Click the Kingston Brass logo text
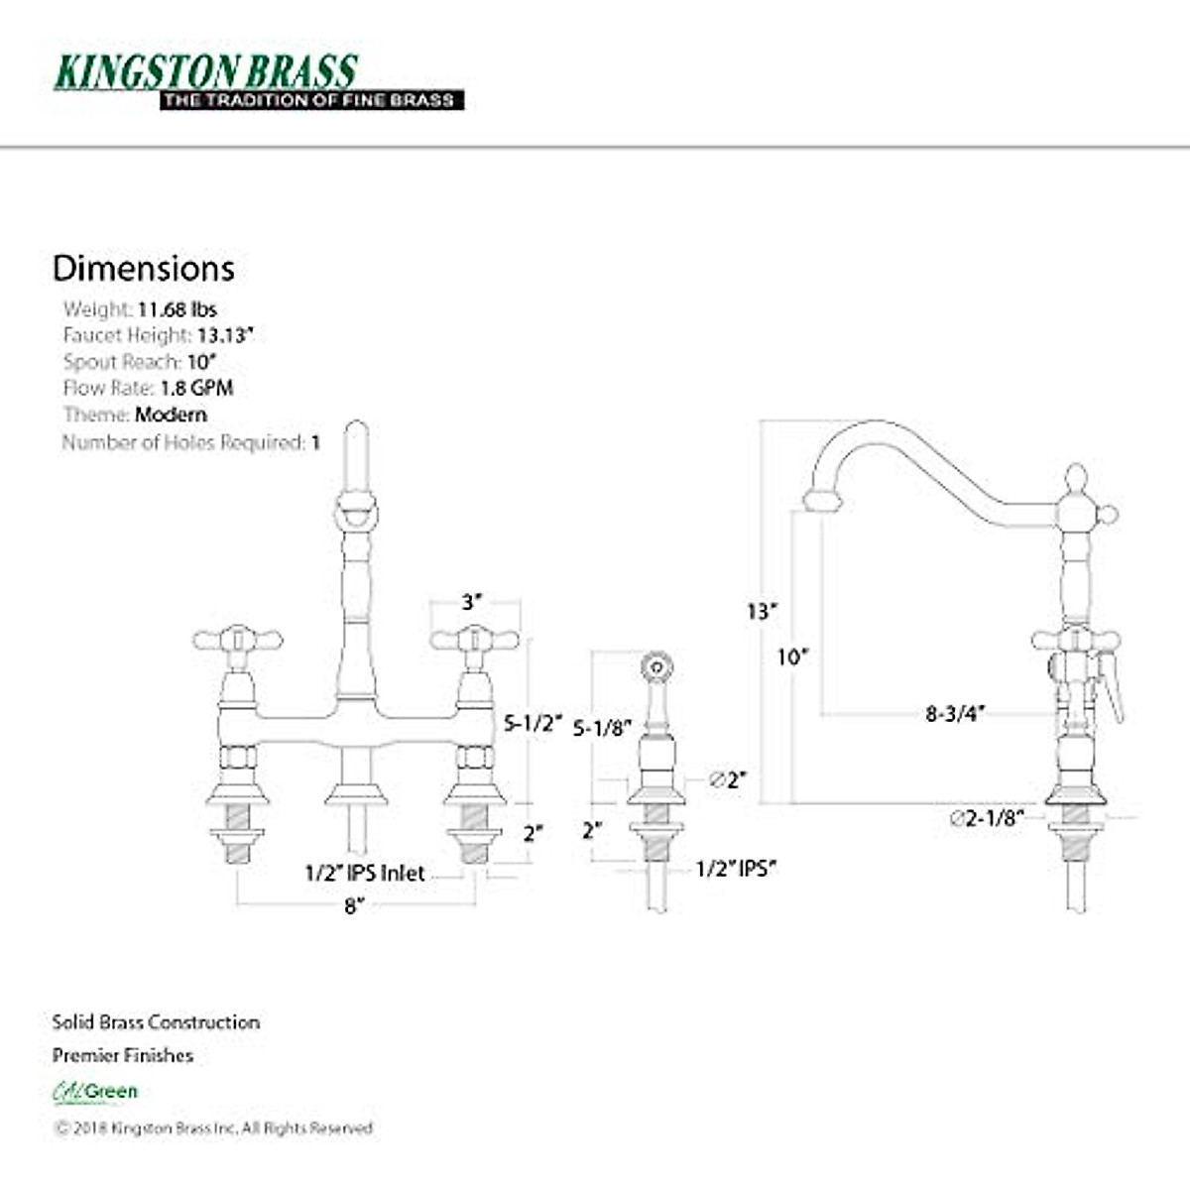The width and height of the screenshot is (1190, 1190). click(x=205, y=70)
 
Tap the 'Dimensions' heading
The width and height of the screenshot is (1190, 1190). click(x=144, y=268)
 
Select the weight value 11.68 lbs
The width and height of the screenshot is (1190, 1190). click(x=177, y=309)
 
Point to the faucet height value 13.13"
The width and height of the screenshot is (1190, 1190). click(x=225, y=335)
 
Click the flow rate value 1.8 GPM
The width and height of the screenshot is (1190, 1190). click(x=196, y=388)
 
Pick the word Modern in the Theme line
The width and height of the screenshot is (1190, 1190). click(x=171, y=415)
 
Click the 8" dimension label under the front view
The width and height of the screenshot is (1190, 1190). click(x=354, y=906)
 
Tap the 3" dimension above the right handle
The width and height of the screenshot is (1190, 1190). click(x=472, y=602)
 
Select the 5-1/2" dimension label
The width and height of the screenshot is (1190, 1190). click(x=533, y=723)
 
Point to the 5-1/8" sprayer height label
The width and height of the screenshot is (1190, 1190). click(x=602, y=728)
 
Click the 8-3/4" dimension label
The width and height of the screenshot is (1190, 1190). click(x=954, y=713)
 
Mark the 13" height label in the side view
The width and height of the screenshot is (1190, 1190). click(x=762, y=611)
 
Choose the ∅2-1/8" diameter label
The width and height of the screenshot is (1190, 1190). click(x=986, y=818)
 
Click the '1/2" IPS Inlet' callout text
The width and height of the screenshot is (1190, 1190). click(x=364, y=874)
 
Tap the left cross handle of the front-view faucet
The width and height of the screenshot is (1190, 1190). click(x=237, y=640)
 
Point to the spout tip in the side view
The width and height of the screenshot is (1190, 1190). click(x=822, y=501)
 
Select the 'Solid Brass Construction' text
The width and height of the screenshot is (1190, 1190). click(x=156, y=1022)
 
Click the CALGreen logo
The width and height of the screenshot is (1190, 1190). click(x=95, y=1092)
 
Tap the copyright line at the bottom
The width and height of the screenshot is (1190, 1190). click(x=213, y=1129)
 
